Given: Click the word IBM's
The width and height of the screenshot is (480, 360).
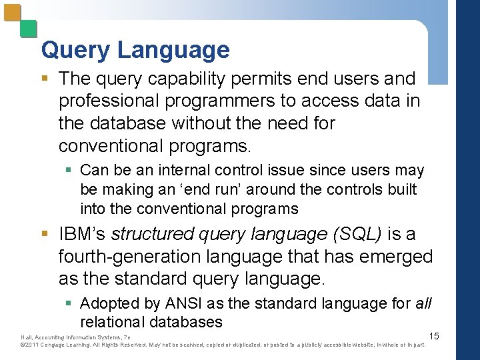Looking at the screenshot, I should click(x=83, y=234).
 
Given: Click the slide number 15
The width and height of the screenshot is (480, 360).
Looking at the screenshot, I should click(x=434, y=336).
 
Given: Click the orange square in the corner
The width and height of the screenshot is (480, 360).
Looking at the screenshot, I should click(x=11, y=13).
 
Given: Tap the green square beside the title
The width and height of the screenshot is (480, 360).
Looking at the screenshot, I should click(x=27, y=29).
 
